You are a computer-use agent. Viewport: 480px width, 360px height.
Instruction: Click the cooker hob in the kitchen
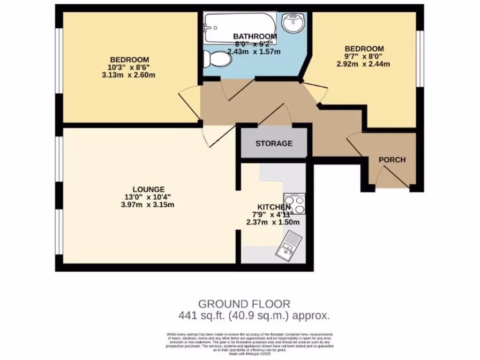294,203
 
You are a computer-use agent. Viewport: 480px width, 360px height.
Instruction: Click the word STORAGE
274,143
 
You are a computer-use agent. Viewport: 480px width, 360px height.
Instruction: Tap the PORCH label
392,160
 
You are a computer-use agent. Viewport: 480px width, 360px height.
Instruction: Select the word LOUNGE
148,189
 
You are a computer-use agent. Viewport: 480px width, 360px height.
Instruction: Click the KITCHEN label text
274,207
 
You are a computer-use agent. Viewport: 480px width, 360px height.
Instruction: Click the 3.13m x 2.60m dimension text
129,75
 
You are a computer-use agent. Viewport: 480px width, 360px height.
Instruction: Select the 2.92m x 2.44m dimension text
364,64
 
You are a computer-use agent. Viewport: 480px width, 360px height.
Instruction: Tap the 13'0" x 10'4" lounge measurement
148,197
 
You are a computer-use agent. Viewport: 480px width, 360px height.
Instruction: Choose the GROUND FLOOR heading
244,304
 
